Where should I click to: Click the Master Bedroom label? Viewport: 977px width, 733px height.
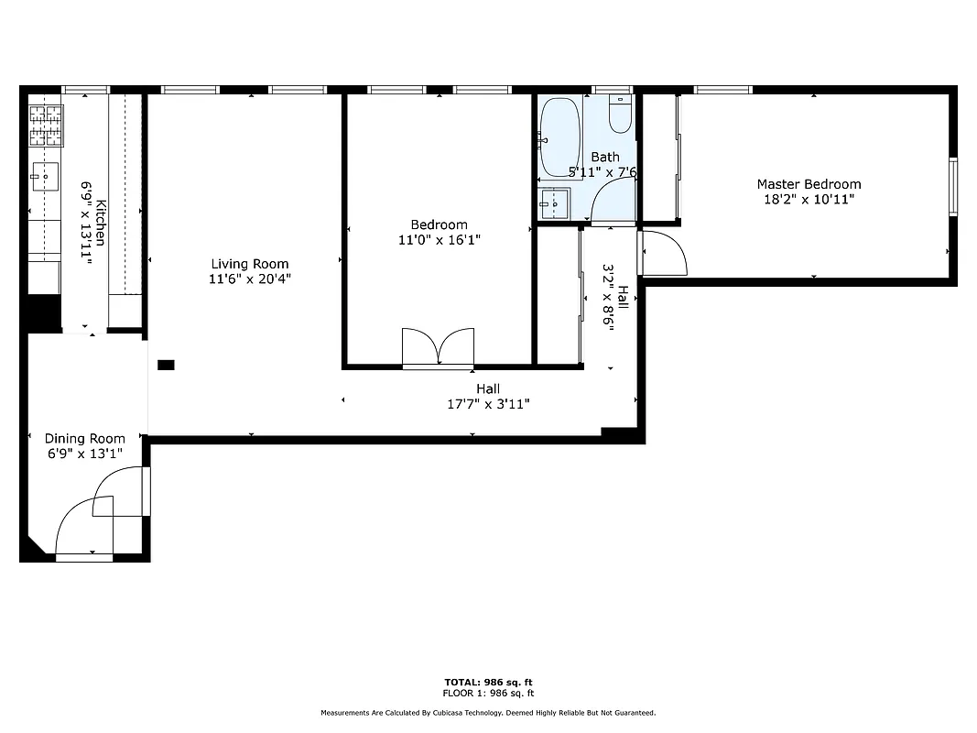pos(808,184)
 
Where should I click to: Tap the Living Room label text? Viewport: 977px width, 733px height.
pos(250,264)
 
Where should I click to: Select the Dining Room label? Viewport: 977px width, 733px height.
pos(85,439)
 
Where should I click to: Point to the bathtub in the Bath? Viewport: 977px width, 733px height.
pos(559,137)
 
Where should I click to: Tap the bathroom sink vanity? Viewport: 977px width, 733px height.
pos(554,204)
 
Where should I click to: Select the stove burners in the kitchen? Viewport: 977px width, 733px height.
pos(47,126)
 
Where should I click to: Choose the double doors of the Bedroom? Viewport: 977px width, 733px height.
pos(438,348)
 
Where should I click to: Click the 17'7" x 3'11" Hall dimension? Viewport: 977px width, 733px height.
pos(488,404)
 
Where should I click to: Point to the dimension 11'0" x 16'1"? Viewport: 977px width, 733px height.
pos(439,240)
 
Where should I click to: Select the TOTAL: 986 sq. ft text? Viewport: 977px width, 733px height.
pos(488,683)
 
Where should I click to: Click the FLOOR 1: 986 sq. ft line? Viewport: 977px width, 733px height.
pos(488,693)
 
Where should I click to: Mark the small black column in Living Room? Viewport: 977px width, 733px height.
pos(166,365)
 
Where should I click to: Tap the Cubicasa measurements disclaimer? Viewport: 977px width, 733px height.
pos(488,713)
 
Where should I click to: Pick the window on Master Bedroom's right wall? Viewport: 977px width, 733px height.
pos(952,187)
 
